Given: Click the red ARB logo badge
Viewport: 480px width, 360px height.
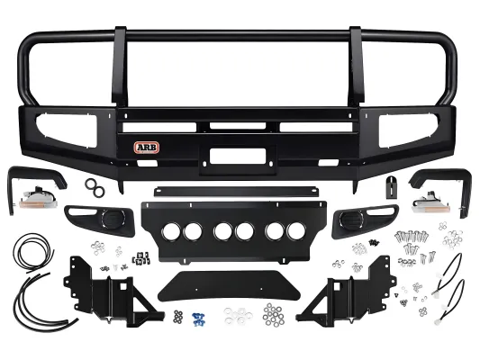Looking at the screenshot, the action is click(x=146, y=148).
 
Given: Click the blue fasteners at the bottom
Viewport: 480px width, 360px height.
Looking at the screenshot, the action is click(x=198, y=319).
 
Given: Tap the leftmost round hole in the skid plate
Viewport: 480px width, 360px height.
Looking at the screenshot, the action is click(x=171, y=231).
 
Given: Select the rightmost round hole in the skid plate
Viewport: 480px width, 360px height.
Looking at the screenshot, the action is click(x=296, y=231).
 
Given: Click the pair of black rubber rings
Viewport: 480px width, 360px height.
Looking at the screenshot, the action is click(x=95, y=188).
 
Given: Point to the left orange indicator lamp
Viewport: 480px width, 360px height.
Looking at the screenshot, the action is click(x=38, y=199).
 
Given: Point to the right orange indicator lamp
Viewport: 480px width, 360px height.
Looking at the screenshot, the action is click(x=428, y=203).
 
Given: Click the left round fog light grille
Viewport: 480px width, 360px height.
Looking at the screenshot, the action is click(x=113, y=219).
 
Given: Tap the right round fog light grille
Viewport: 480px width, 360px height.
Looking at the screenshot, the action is click(x=351, y=220).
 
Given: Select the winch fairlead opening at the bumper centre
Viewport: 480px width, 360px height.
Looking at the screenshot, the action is click(x=238, y=155).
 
